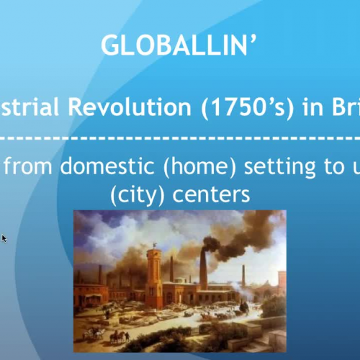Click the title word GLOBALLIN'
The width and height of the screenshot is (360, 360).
pos(179,45)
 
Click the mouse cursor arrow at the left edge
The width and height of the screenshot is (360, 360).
pos(4,238)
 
